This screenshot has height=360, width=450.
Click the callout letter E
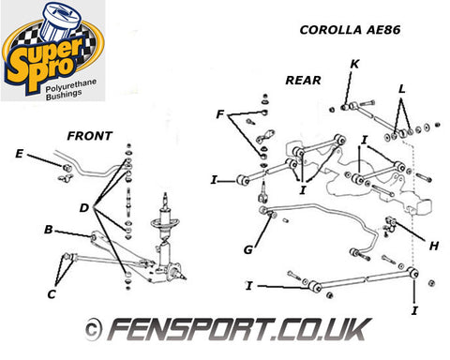tap(20, 154)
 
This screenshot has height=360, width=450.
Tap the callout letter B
tap(49, 230)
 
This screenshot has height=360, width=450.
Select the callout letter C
tap(52, 294)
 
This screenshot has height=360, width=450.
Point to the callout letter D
tap(84, 208)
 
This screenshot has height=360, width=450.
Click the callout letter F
tap(220, 114)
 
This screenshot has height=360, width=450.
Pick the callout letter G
tap(248, 249)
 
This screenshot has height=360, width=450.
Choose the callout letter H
tap(434, 247)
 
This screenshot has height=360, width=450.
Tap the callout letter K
tap(354, 64)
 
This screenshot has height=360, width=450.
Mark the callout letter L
tap(402, 89)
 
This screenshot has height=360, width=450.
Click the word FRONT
tap(90, 136)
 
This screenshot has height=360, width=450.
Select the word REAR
tap(303, 81)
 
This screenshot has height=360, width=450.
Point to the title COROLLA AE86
tap(350, 30)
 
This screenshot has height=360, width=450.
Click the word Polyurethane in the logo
tap(71, 85)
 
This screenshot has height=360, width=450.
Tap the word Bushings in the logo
tap(64, 95)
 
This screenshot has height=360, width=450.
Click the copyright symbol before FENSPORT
tap(93, 330)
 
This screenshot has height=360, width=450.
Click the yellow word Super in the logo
tap(44, 58)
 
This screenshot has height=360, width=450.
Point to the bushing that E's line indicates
tap(67, 168)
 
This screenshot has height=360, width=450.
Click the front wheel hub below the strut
tap(175, 271)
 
